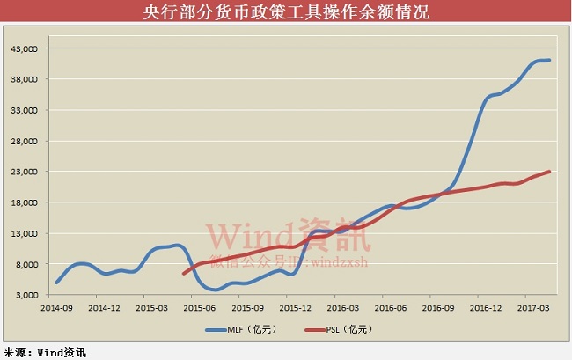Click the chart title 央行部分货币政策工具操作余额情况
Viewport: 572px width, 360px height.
(x=286, y=12)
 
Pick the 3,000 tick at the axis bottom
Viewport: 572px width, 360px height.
(x=23, y=295)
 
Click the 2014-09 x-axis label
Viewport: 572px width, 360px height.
(x=56, y=308)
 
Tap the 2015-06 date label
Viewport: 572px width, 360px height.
(x=200, y=308)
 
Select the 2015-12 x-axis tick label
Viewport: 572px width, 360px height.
(x=295, y=308)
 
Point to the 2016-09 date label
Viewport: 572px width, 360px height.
(x=437, y=308)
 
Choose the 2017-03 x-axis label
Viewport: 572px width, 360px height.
(x=532, y=308)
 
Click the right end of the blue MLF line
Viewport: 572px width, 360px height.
(x=550, y=60)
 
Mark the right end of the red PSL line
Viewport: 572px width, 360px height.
(x=550, y=172)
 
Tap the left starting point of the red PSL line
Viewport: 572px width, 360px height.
(x=184, y=274)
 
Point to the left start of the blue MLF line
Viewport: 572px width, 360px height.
(x=56, y=283)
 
